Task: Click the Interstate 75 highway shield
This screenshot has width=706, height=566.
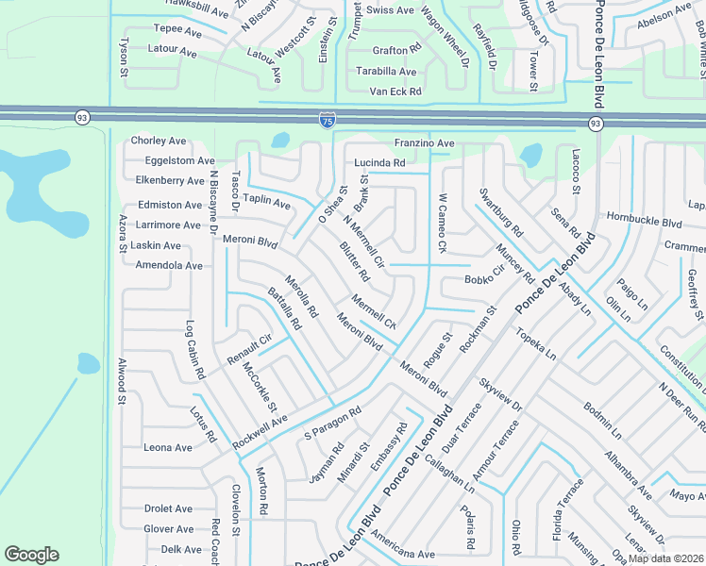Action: click(x=326, y=120)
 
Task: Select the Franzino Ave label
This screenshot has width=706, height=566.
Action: click(x=424, y=142)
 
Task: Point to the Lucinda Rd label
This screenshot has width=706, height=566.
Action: click(x=379, y=162)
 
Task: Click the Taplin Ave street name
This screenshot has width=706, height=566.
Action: click(x=266, y=200)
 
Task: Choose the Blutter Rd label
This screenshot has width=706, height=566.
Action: click(x=354, y=263)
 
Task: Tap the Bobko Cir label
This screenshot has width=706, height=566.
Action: click(x=485, y=279)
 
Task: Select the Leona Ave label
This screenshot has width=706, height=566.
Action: click(x=168, y=447)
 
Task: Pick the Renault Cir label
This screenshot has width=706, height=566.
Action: click(x=249, y=350)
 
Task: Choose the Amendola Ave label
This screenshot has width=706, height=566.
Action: click(x=169, y=266)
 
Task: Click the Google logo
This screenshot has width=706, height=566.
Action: click(x=31, y=555)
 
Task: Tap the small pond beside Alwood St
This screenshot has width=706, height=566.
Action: click(x=88, y=363)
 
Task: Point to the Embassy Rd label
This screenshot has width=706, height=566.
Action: click(x=389, y=447)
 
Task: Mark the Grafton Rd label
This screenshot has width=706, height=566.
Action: click(x=396, y=50)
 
